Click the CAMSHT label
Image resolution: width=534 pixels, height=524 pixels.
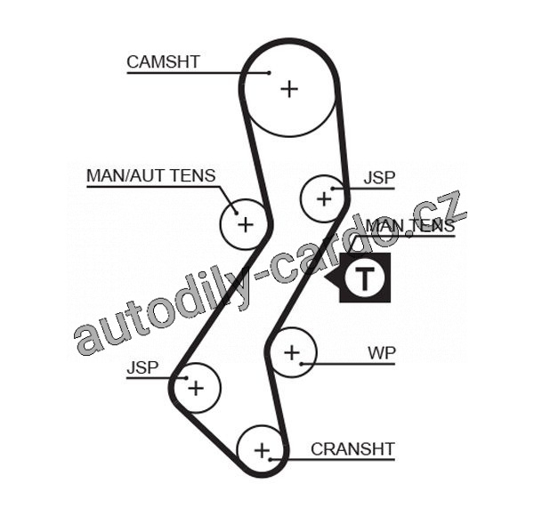(163, 62)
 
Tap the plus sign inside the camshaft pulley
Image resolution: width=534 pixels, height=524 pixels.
(289, 88)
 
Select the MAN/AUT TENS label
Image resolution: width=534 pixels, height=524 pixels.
(150, 175)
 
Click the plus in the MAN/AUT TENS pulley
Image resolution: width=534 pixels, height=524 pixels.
(245, 222)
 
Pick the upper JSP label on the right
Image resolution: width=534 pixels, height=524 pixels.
(378, 178)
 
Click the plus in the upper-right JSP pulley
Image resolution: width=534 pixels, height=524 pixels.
(323, 198)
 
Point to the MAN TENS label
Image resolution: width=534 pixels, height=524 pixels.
(409, 226)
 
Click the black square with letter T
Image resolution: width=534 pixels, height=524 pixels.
(365, 278)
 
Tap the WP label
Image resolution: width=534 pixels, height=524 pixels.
(382, 352)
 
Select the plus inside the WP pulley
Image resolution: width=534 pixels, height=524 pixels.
(292, 354)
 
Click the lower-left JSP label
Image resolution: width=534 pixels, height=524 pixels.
(142, 367)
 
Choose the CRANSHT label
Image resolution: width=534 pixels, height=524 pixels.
(352, 449)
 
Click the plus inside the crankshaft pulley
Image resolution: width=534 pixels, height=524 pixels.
(261, 451)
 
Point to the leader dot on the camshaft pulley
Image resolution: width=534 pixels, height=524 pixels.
(267, 72)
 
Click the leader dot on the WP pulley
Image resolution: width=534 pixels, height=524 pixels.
(303, 363)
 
